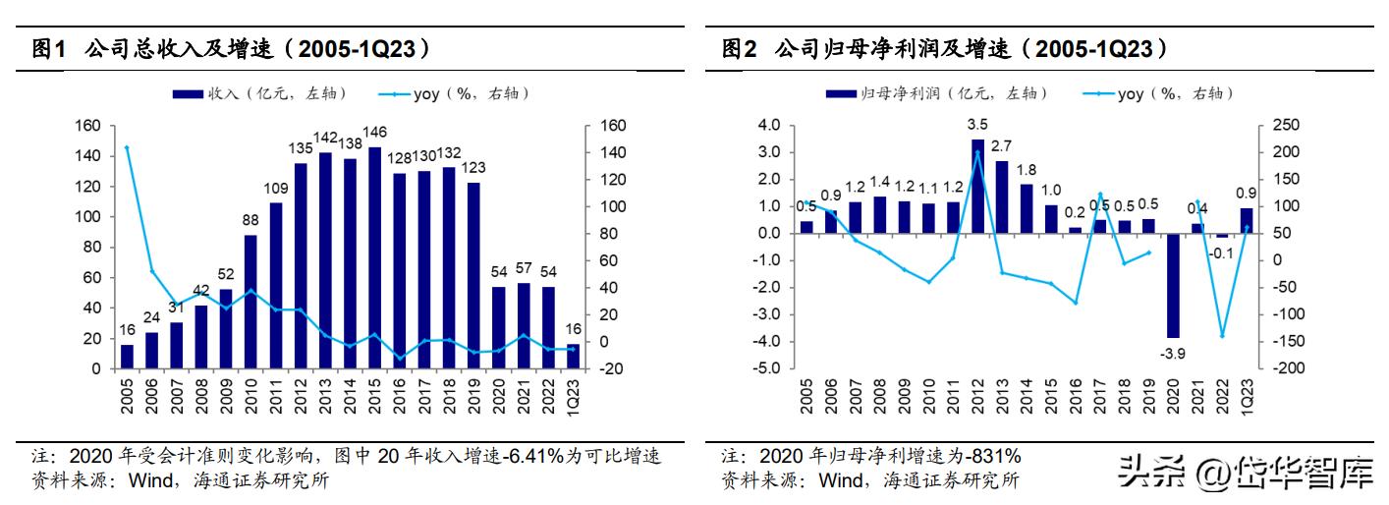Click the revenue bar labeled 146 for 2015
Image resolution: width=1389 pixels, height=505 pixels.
click(374, 258)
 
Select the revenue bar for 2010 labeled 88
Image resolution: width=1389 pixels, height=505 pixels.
click(250, 302)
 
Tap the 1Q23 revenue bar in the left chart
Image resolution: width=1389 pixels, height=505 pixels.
click(573, 357)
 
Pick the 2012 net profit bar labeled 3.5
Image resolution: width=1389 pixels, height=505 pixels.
click(977, 187)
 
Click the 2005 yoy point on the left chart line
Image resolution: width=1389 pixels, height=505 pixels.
click(127, 147)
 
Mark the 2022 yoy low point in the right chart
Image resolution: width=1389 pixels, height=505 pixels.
click(1222, 336)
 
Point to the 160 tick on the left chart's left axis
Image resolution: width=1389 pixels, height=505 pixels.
click(89, 126)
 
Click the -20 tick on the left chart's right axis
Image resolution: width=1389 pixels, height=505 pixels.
click(610, 368)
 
